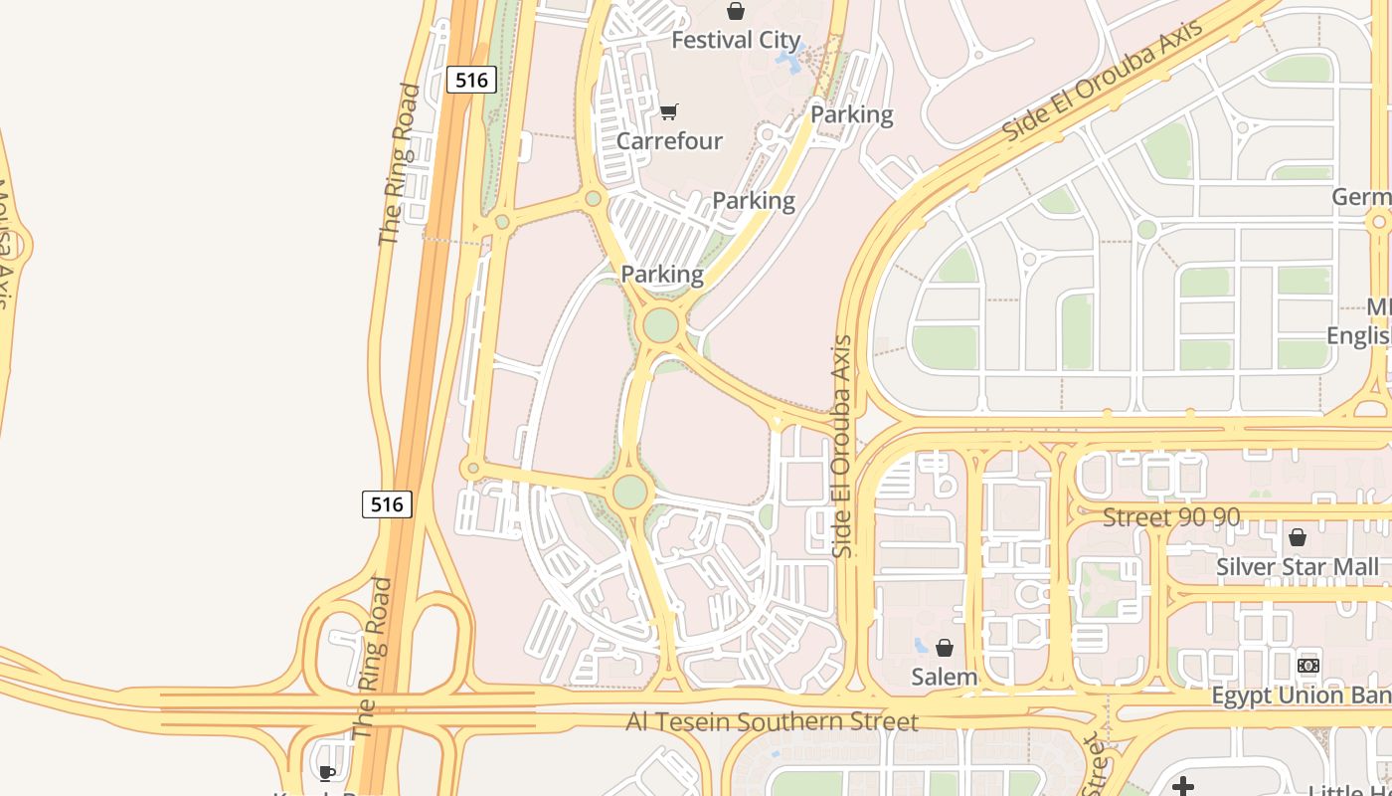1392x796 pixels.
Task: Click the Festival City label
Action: [x=736, y=41]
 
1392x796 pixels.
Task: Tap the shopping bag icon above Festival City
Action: [x=736, y=11]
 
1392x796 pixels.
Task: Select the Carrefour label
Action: [x=669, y=140]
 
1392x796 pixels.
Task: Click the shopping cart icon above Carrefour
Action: [x=669, y=111]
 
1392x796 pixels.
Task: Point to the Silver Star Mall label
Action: [x=1298, y=567]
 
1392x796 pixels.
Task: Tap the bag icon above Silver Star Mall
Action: [x=1298, y=537]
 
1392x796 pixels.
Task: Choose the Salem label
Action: [x=945, y=678]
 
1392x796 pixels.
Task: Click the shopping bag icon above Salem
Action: [x=945, y=648]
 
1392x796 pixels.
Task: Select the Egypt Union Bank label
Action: [x=1301, y=696]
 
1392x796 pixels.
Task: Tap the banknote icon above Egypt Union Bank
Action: [x=1308, y=665]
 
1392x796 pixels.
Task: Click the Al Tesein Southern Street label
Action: [x=772, y=721]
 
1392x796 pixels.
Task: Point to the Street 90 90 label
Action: [x=1172, y=517]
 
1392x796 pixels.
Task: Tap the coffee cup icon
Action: [x=326, y=773]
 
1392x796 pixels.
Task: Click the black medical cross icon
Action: [x=1182, y=787]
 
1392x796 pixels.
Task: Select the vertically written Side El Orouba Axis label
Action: [x=843, y=446]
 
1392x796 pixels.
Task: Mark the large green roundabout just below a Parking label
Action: [x=660, y=324]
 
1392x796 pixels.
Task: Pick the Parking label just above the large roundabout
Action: [x=662, y=274]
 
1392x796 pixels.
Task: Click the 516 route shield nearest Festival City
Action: [x=471, y=80]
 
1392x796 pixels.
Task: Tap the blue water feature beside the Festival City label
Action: [x=790, y=62]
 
